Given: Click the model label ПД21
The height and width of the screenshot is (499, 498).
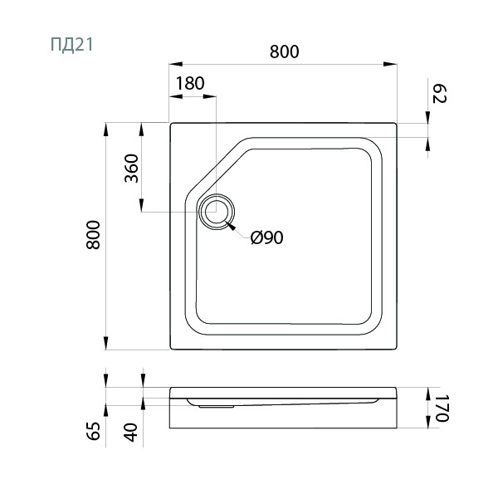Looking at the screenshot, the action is point(72,45).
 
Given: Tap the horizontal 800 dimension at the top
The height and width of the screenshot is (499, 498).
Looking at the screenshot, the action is point(284,51).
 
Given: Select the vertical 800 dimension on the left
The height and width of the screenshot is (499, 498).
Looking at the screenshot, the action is point(93,234).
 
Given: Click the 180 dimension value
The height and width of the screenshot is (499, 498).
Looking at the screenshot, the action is point(190,83).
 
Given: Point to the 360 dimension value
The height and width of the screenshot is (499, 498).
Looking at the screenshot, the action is point(131,169).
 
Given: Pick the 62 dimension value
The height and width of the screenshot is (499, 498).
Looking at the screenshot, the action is point(440,94).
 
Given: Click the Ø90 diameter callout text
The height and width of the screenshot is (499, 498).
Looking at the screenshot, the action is point(266,237).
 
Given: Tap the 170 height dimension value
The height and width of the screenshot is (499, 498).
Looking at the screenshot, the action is point(442,408).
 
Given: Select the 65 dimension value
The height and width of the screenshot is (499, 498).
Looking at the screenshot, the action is point(94,431).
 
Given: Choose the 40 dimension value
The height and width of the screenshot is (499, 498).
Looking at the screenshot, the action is point(131,433).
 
